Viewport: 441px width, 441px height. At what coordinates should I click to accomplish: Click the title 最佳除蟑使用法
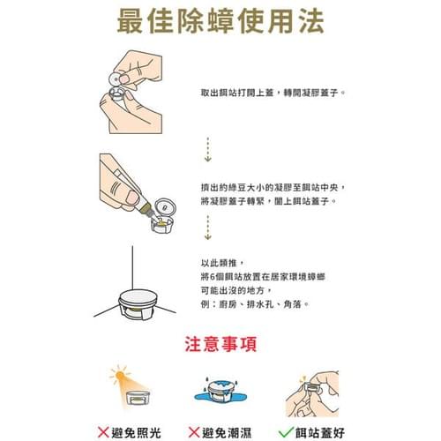(220, 21)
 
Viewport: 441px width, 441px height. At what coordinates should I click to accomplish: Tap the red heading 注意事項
(220, 344)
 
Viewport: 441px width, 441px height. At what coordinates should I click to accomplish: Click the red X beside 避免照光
(103, 432)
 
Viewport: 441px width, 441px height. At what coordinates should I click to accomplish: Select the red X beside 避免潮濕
(194, 432)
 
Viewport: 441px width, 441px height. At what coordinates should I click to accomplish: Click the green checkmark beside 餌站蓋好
(286, 432)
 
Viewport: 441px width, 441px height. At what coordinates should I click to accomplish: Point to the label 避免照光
(136, 433)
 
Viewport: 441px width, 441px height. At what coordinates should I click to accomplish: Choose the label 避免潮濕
(227, 433)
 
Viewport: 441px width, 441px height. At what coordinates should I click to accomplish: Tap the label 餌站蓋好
(320, 433)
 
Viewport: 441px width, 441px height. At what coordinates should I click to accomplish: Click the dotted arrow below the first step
(208, 149)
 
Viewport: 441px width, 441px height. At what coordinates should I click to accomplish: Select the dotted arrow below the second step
(208, 228)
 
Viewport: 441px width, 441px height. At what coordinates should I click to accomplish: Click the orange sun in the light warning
(120, 375)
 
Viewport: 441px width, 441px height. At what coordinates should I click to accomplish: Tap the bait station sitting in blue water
(220, 391)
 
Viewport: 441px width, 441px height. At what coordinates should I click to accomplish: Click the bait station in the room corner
(138, 304)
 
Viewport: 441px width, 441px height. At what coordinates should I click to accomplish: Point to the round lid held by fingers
(115, 78)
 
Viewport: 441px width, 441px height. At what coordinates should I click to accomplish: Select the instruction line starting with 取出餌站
(273, 93)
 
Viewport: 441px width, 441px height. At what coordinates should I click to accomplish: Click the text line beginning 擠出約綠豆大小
(273, 187)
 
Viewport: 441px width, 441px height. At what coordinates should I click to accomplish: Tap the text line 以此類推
(222, 263)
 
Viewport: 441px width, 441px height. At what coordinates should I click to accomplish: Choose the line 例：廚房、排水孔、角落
(255, 304)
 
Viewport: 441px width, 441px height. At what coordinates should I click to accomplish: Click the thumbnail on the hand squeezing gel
(132, 198)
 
